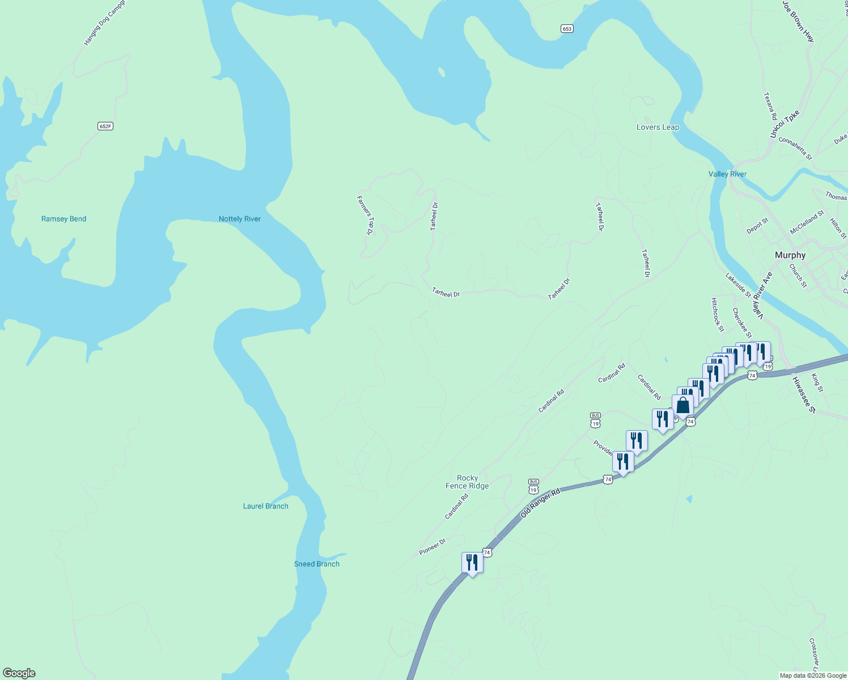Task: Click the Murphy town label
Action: (x=790, y=255)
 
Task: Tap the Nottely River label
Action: (x=240, y=219)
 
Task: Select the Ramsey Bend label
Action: (x=63, y=219)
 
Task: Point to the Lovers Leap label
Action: (x=658, y=127)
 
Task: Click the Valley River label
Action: (x=727, y=174)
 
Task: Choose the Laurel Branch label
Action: (x=265, y=506)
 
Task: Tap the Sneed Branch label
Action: (x=316, y=564)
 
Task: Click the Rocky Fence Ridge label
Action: (x=467, y=482)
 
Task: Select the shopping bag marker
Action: (x=682, y=405)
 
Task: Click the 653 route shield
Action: (x=567, y=28)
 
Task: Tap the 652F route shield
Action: (x=105, y=126)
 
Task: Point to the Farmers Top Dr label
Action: (x=366, y=215)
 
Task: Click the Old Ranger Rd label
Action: (x=540, y=502)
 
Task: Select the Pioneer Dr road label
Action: (x=433, y=546)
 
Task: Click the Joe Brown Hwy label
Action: (x=798, y=22)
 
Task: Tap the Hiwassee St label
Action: (x=803, y=395)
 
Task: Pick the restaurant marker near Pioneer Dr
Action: (x=472, y=563)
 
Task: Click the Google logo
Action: (x=19, y=673)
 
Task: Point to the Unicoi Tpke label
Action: (x=785, y=124)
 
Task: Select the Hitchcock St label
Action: (x=718, y=314)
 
